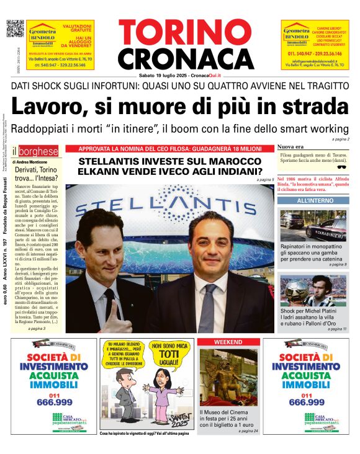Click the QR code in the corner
point(15,29)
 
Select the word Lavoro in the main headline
point(49,107)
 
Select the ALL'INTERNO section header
point(314,201)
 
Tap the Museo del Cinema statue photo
point(228,376)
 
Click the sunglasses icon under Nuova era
point(341,166)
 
